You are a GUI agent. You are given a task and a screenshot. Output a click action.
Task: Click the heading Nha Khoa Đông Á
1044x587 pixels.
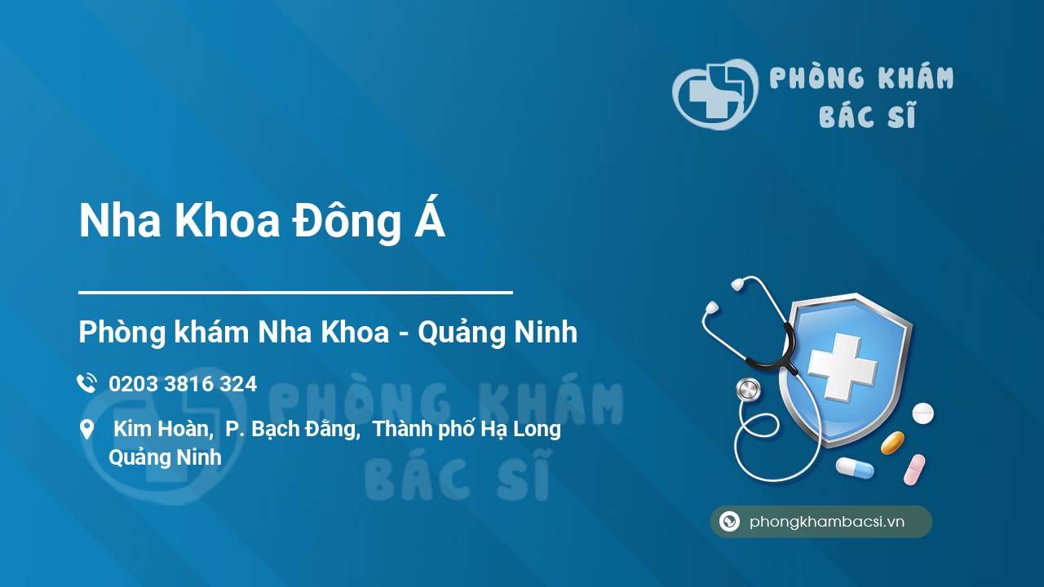tap(262, 220)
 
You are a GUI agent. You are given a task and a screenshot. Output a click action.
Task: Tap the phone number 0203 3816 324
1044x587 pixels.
tap(183, 384)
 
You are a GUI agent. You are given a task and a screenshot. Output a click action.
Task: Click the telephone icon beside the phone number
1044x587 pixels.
tap(86, 383)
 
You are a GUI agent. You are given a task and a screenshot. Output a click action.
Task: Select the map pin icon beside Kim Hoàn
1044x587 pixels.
tap(87, 430)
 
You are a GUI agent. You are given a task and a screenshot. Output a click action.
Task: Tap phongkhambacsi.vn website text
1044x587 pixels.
tap(827, 522)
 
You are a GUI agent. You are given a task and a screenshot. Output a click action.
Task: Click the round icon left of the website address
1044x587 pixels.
tap(729, 521)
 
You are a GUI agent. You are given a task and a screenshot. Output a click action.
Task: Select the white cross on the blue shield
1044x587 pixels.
tap(843, 367)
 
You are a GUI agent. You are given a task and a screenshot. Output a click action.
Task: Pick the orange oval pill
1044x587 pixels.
tap(892, 443)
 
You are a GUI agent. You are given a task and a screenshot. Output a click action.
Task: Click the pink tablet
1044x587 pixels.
tap(914, 470)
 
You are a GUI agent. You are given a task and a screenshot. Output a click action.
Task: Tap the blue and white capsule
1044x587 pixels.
tap(855, 467)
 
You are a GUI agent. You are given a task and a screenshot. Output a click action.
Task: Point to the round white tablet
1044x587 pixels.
tap(922, 413)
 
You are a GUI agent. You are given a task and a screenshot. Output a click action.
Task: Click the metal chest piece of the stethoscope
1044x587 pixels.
tap(749, 390)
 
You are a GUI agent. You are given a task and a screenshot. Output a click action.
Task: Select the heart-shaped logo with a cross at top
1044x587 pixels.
tap(715, 94)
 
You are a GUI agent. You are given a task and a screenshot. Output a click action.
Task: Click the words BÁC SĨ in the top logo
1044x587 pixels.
tap(867, 115)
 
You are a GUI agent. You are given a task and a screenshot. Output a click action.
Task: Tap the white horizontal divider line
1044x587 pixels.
tap(295, 293)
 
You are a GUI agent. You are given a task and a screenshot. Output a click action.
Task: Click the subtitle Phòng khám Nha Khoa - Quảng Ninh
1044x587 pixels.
tap(328, 332)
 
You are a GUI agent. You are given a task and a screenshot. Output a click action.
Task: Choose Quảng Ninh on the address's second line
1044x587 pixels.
tap(165, 457)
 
